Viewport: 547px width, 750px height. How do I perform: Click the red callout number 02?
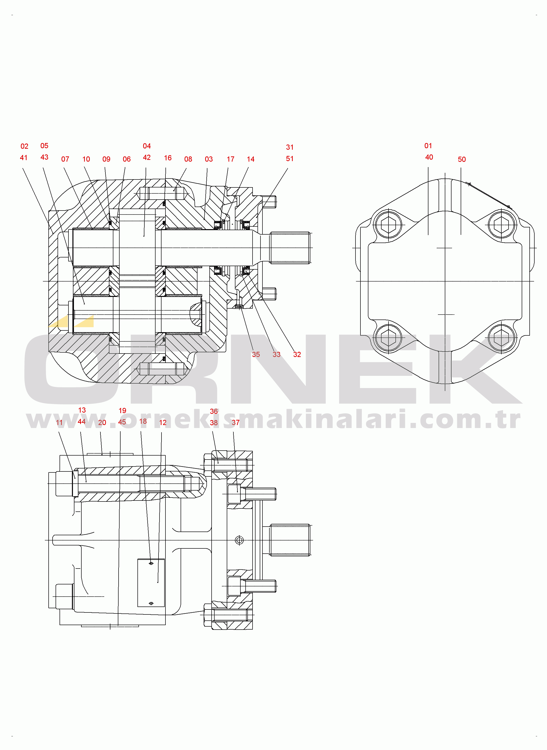click(25, 146)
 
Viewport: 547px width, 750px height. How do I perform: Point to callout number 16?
click(168, 158)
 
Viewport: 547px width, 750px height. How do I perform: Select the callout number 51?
click(290, 159)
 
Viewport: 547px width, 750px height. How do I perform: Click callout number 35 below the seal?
click(256, 355)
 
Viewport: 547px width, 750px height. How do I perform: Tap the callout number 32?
click(297, 355)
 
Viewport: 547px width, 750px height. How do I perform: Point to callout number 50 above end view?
click(462, 159)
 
